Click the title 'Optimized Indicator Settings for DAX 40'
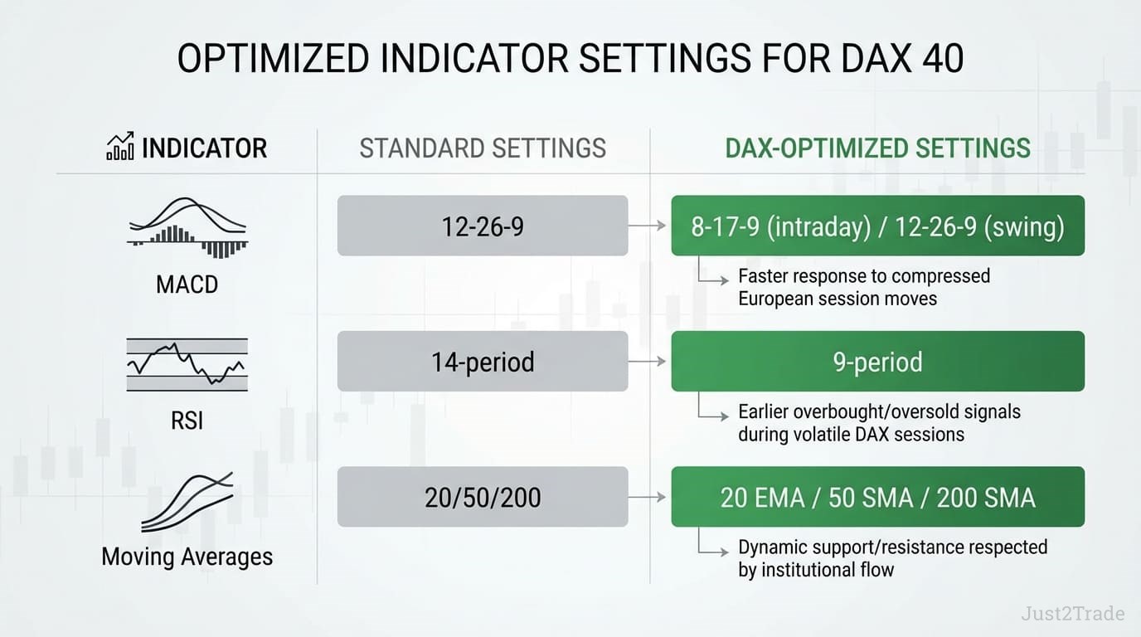click(570, 61)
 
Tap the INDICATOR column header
click(204, 148)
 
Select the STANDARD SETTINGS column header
click(483, 148)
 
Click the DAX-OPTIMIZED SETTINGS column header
click(877, 148)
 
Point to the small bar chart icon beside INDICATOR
click(120, 148)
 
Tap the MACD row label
click(187, 284)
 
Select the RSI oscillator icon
click(187, 363)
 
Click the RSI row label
click(187, 421)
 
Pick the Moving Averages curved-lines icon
click(187, 501)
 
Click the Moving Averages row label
click(187, 556)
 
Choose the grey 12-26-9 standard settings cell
click(483, 226)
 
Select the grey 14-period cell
click(483, 362)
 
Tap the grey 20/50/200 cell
click(483, 497)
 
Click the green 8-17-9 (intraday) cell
click(877, 226)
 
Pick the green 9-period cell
click(877, 362)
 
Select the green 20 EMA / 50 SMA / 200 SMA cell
click(877, 497)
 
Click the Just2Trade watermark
click(1072, 614)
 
